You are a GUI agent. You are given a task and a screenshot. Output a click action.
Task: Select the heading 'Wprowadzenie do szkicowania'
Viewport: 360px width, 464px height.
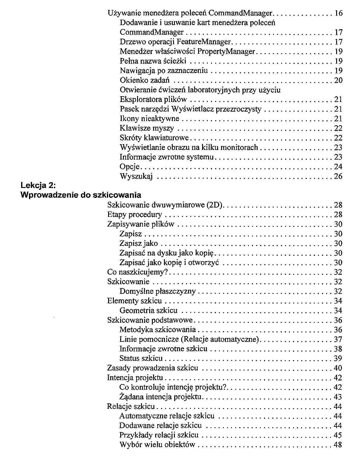click(x=80, y=195)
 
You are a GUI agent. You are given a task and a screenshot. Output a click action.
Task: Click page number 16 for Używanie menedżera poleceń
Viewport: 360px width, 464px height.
click(x=338, y=13)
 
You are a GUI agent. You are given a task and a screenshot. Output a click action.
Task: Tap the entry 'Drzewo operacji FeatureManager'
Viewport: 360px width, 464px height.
click(x=175, y=42)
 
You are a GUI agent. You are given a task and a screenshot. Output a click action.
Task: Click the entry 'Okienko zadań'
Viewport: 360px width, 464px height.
click(x=144, y=80)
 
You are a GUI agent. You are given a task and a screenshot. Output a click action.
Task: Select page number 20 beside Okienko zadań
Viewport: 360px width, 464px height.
click(x=338, y=80)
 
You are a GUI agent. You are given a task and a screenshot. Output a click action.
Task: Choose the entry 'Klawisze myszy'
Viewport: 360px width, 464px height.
click(x=147, y=128)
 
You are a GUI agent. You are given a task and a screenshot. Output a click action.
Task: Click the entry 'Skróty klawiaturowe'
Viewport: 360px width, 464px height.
click(x=154, y=138)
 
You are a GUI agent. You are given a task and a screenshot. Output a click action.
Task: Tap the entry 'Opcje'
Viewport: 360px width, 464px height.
click(x=130, y=167)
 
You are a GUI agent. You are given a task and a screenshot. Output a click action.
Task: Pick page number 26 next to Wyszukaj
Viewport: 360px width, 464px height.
click(x=338, y=176)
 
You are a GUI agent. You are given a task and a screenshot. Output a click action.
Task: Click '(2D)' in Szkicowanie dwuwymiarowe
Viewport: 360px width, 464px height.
click(x=215, y=205)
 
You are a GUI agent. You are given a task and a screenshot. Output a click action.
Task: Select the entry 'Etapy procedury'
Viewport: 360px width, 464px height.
click(x=134, y=215)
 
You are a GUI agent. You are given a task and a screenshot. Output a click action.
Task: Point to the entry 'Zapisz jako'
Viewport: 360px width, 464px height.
click(x=139, y=243)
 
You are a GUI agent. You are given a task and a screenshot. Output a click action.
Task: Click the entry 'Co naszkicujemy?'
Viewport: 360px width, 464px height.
click(x=137, y=272)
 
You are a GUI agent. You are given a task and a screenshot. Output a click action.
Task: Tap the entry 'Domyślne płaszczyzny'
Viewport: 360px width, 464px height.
click(x=157, y=291)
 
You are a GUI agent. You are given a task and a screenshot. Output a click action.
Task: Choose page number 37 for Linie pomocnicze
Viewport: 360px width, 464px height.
click(x=338, y=339)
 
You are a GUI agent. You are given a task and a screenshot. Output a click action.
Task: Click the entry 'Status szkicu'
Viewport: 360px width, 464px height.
click(x=141, y=358)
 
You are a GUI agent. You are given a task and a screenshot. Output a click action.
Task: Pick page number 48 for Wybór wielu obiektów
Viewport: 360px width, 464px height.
click(x=338, y=445)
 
